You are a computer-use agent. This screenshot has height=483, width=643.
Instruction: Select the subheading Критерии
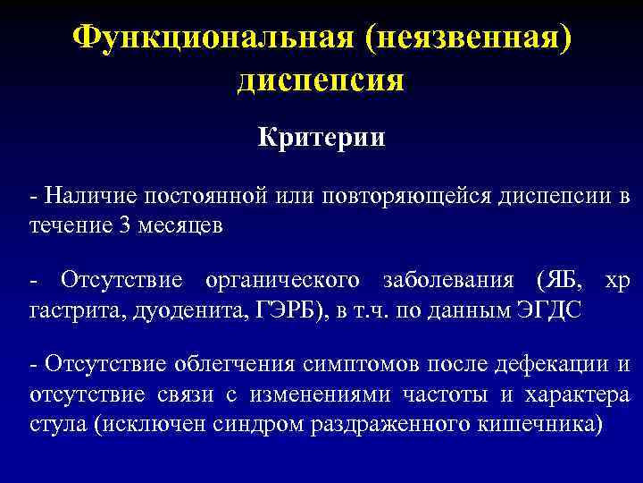(x=321, y=138)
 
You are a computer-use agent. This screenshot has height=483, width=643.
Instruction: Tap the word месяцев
(x=183, y=225)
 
